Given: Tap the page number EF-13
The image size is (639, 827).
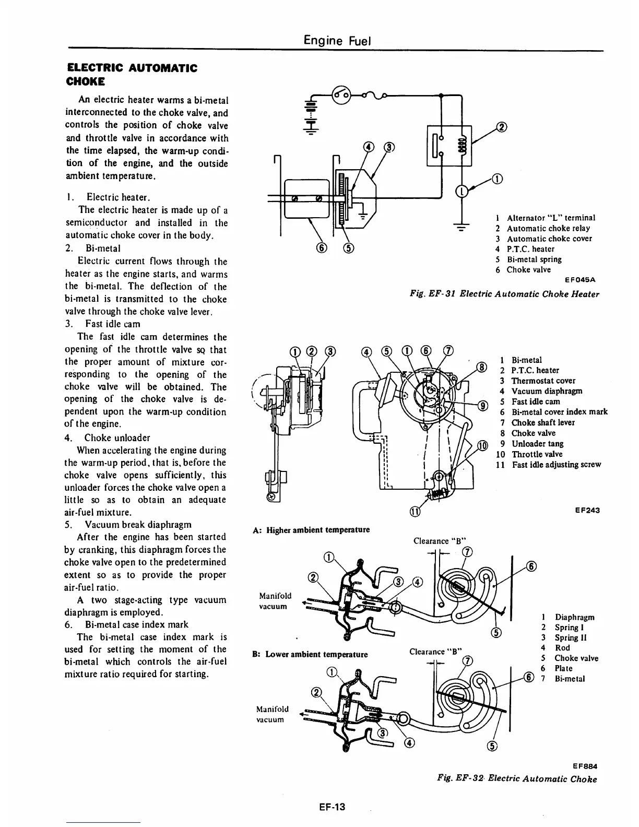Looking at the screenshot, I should [x=332, y=807].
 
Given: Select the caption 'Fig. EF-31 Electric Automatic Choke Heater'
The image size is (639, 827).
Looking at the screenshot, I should [x=504, y=294].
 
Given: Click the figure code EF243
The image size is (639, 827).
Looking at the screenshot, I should [x=587, y=510].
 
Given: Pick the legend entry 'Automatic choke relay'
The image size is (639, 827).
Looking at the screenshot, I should [x=548, y=228].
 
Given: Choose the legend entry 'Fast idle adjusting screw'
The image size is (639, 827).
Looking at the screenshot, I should [x=556, y=464].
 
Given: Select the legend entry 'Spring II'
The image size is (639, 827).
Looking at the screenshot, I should [x=566, y=637].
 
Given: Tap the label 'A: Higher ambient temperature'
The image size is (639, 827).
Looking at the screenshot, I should [x=311, y=529].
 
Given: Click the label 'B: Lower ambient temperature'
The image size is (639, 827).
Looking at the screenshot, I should [x=310, y=654].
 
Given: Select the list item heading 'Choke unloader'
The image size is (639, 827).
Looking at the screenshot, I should [x=117, y=438].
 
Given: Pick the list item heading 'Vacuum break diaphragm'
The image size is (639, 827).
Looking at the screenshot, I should [x=138, y=524].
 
